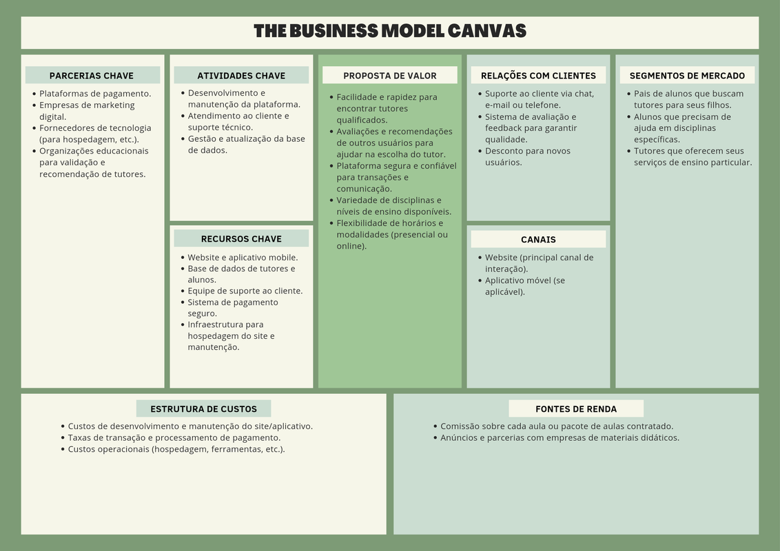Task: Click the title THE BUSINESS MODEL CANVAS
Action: (390, 31)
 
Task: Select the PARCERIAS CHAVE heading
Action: (92, 76)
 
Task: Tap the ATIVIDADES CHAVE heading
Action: (241, 76)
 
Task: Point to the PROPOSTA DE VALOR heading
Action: (390, 76)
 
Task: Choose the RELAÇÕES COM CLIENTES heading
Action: (538, 76)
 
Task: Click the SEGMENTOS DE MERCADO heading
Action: (687, 76)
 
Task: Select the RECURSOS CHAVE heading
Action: (241, 239)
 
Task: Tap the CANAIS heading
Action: (538, 239)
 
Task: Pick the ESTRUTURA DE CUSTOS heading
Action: (203, 409)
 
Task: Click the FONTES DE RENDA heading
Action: (576, 409)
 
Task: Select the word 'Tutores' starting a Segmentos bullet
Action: (648, 151)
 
